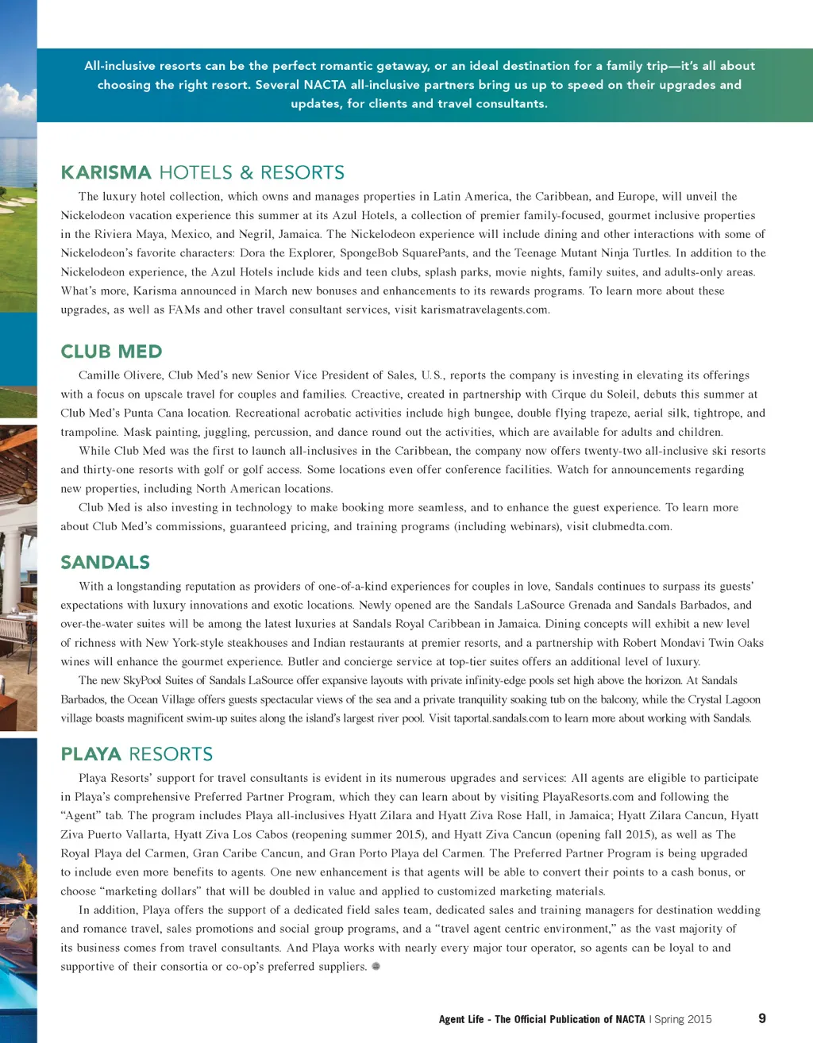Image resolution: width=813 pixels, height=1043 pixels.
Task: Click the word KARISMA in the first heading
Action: click(x=106, y=173)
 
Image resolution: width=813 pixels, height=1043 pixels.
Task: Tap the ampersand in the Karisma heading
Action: click(x=246, y=173)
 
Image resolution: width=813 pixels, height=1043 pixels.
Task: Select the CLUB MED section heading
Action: click(x=111, y=352)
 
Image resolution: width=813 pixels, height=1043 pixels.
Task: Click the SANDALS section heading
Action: click(x=105, y=563)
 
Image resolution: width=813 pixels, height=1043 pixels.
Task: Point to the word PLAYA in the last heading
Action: click(x=91, y=754)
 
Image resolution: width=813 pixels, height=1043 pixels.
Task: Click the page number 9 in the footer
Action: click(x=762, y=1018)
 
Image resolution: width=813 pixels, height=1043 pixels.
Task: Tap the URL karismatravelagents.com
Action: click(x=484, y=310)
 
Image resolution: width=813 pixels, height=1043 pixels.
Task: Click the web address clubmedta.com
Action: click(x=631, y=526)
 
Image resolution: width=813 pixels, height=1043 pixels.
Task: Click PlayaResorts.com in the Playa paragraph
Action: click(x=588, y=797)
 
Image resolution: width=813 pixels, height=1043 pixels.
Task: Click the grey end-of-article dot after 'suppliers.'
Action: click(x=376, y=966)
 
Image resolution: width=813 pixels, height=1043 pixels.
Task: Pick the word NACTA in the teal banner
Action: click(x=325, y=85)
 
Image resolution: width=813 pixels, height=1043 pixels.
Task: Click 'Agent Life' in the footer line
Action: click(x=461, y=1019)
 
